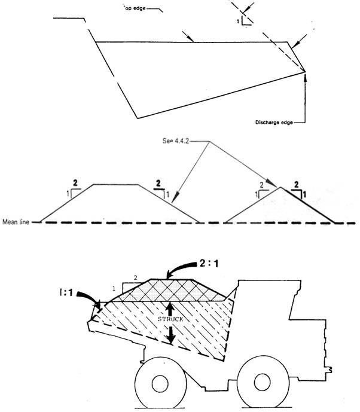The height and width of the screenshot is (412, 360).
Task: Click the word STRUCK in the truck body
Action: click(x=170, y=319)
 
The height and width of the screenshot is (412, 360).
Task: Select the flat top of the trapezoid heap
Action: click(x=115, y=185)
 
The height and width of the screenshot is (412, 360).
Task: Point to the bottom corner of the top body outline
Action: click(x=138, y=117)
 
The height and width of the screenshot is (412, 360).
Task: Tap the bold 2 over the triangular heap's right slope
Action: click(x=297, y=185)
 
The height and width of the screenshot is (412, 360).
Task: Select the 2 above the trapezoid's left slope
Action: click(x=75, y=182)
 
